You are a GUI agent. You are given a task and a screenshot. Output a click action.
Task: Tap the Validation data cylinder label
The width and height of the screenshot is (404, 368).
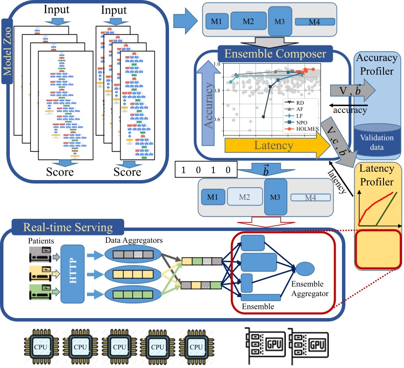[377, 141]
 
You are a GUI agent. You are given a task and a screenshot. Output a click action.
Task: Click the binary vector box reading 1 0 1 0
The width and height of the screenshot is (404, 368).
[205, 171]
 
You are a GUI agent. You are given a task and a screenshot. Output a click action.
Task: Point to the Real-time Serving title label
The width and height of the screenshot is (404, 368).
[62, 228]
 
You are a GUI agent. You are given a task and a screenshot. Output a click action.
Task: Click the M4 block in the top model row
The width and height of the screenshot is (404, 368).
[315, 22]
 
